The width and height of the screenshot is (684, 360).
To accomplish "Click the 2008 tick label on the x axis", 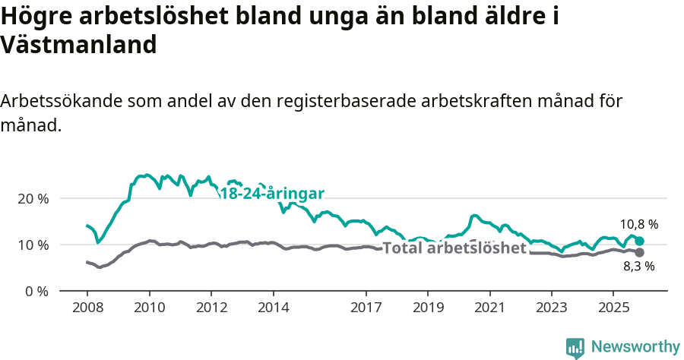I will [87, 308].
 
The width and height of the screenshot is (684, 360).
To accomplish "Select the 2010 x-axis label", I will [149, 308].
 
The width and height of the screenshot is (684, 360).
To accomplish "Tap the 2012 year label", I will [211, 308].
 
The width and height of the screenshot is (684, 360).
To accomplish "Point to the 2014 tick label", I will [273, 308].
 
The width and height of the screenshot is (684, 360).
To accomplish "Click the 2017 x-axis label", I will [366, 308].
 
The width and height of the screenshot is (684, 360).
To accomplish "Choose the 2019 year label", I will [427, 308].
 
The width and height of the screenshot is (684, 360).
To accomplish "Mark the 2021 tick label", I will [489, 308].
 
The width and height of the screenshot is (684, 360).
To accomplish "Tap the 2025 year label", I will [613, 308].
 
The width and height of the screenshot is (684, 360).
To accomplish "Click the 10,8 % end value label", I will [638, 224].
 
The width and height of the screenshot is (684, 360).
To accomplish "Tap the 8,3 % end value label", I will [638, 266].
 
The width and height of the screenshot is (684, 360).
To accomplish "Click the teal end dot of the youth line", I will [639, 241].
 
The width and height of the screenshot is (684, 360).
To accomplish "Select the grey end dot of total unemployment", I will [639, 252].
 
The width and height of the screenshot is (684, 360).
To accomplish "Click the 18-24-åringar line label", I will [272, 193].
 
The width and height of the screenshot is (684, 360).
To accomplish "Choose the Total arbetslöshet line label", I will [454, 248].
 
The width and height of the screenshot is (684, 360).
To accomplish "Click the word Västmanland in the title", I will [79, 45].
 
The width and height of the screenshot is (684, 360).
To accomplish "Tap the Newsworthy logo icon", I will [575, 347].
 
